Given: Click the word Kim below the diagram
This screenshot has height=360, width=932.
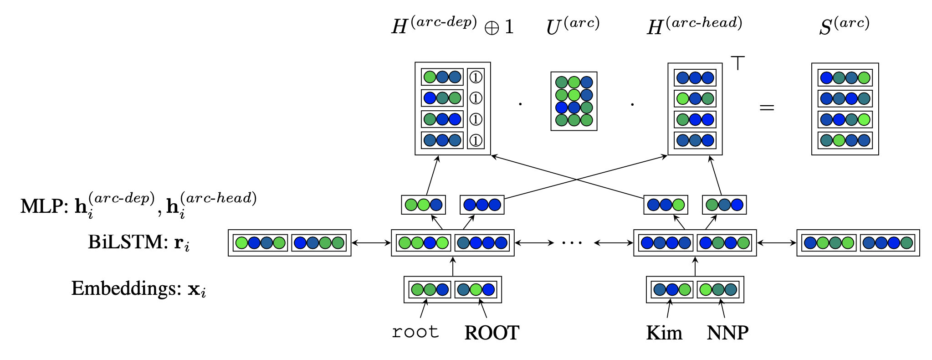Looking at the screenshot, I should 664,333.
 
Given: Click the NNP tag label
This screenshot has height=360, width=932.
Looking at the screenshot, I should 727,333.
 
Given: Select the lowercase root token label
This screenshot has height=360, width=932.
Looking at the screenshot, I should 415,332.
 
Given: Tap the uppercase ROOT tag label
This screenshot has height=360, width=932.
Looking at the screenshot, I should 492,333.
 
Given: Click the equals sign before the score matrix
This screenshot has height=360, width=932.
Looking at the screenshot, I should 767,108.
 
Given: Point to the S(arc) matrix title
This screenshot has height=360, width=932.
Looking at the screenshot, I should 844,26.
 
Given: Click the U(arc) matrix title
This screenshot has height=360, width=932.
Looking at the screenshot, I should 573,26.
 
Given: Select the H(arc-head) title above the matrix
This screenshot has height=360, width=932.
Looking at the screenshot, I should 694,26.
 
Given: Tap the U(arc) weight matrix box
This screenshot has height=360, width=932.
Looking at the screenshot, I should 574,101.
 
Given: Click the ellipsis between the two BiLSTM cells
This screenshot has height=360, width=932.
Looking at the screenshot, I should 572,243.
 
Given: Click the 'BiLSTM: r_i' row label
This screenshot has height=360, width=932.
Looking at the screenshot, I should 138,242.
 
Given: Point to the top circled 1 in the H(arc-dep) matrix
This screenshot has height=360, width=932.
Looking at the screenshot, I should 476,77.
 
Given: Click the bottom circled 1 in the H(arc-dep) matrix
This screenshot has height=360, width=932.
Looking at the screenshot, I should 476,140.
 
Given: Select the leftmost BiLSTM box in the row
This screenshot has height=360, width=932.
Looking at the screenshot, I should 289,243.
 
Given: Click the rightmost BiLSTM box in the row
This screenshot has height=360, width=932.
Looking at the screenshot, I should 858,243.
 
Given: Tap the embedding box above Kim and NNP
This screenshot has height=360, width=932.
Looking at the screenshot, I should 695,289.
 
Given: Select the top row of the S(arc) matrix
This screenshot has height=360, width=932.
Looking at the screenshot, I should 845,78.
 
